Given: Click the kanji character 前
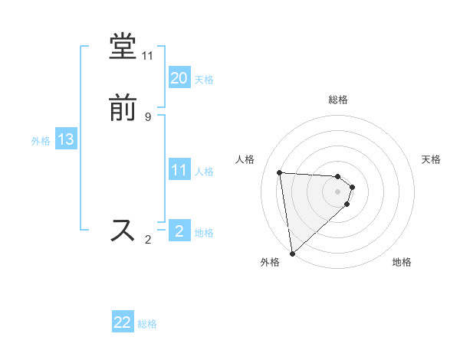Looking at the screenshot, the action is (123, 110).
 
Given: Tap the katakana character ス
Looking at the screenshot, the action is (123, 231).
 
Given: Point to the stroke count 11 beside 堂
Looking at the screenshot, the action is (147, 56).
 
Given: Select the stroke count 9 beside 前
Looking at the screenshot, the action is (147, 117).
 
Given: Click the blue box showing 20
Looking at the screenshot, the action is (179, 78).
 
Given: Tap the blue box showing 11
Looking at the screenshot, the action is (179, 170).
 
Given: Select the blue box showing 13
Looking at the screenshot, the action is (65, 139).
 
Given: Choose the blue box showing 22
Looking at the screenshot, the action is (123, 322).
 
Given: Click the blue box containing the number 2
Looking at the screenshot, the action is (179, 231).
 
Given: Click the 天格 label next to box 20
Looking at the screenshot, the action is (203, 80).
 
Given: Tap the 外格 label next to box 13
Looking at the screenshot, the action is (41, 141).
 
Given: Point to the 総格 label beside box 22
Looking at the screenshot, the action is (147, 324).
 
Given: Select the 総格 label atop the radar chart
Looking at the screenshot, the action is (338, 100).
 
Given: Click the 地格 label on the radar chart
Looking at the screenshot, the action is (402, 263).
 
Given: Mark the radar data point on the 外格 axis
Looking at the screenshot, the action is (292, 253).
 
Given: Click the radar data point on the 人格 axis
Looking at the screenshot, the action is (280, 172).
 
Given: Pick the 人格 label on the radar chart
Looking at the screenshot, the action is (245, 159).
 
